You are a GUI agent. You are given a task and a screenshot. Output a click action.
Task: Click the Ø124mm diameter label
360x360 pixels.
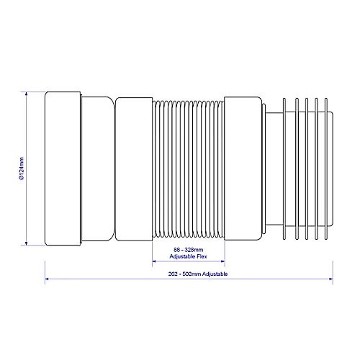pos(22,170)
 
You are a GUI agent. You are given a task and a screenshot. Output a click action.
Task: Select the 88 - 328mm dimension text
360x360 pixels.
pos(189,250)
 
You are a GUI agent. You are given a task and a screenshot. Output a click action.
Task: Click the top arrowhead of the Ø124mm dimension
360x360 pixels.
pos(27,93)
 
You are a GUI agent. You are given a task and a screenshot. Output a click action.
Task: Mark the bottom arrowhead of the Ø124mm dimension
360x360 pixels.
pos(27,245)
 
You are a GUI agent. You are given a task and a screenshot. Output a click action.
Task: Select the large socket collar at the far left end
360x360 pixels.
pos(64,169)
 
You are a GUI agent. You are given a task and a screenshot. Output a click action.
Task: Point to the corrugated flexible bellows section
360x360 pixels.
pos(189,169)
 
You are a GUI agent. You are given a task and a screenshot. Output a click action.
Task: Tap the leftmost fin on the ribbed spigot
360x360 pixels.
pos(283,169)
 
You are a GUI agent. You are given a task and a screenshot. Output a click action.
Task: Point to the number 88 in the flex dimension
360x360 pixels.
pos(175,250)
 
